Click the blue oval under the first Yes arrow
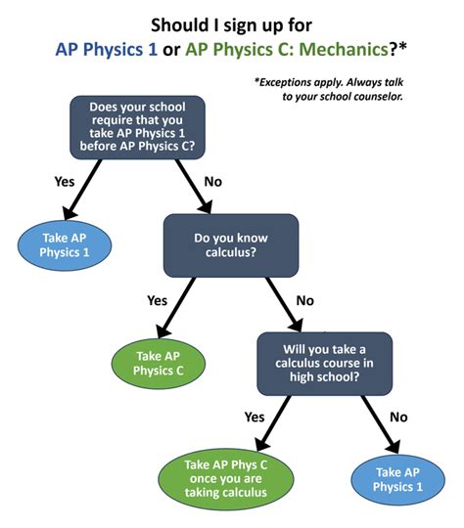click(x=65, y=245)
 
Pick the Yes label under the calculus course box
click(x=254, y=416)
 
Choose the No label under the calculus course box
click(x=398, y=416)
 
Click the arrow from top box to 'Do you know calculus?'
click(x=192, y=186)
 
